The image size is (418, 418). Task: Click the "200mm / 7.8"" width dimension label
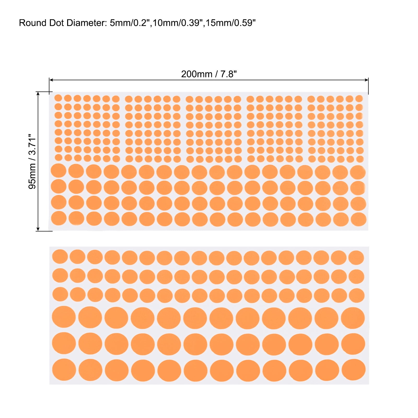tap(209, 74)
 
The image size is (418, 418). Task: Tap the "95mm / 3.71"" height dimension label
tap(32, 161)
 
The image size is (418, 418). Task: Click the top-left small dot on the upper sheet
tap(58, 98)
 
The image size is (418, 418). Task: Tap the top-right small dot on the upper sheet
tap(359, 98)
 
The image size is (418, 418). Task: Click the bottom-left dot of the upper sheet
tap(59, 218)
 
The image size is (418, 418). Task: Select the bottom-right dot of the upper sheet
tap(358, 219)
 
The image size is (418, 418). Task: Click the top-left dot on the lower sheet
tap(60, 257)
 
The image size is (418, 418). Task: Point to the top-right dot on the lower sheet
tap(356, 258)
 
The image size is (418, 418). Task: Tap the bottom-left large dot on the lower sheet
tap(64, 369)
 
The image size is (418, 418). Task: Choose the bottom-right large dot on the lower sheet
tap(353, 370)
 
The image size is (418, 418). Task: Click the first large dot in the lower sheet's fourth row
tap(64, 317)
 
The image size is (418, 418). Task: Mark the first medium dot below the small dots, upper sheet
tap(59, 171)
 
